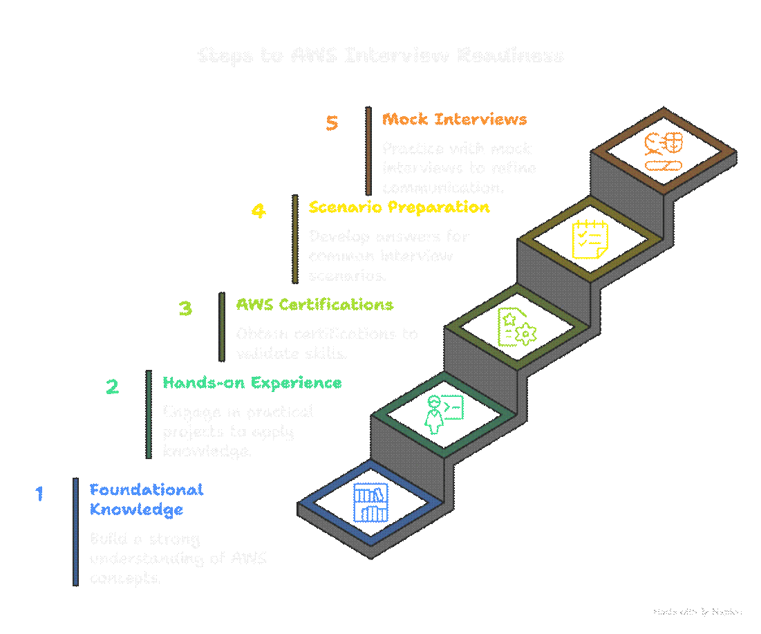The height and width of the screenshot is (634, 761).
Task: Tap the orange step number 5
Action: coord(332,123)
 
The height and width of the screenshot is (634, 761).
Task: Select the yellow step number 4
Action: coord(258,210)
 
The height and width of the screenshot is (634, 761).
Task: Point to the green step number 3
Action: coord(185,308)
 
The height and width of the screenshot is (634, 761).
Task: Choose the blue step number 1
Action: coord(39,494)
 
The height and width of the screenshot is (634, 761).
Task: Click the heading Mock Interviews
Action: coord(454,119)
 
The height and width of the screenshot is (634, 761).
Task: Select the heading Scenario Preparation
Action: coord(399,207)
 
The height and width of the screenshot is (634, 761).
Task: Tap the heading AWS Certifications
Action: coord(314,304)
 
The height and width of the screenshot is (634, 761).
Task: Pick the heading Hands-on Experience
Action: coord(252,382)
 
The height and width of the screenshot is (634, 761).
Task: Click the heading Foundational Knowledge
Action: coord(146,499)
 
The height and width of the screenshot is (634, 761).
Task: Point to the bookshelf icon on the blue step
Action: coord(370,503)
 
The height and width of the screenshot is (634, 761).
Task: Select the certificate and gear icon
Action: coord(516,326)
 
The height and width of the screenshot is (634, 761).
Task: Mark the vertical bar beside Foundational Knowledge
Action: coord(75,532)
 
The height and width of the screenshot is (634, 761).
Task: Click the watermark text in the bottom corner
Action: coord(697,612)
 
